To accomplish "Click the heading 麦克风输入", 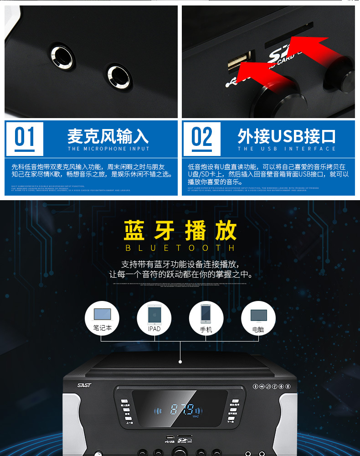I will tap(108, 136).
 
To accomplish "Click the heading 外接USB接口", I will tap(287, 136).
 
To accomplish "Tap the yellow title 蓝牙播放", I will tap(180, 230).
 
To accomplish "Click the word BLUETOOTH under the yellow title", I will tap(180, 248).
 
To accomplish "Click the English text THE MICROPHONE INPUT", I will tap(108, 149).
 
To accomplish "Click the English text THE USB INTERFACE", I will tap(287, 149).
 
